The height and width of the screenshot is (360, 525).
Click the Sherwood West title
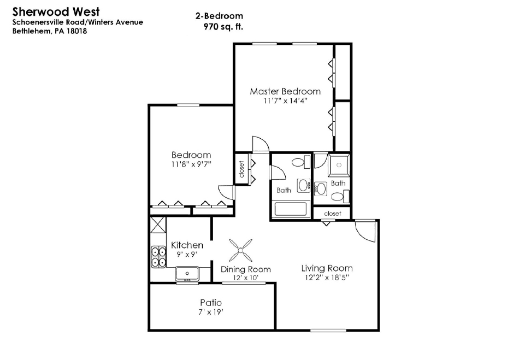pos(56,11)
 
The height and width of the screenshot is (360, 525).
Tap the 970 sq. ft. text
pos(223,27)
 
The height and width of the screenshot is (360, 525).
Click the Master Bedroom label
pos(285,91)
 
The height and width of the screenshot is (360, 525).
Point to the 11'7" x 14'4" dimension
pos(285,101)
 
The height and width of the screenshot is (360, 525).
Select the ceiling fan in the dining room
pos(240,250)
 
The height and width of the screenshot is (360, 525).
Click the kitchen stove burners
pos(158,257)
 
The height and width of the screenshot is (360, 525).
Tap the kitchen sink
pos(187,274)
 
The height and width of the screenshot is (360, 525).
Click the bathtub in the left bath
pos(291,209)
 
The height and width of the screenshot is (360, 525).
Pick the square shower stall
pos(339,165)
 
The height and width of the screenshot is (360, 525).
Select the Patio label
pos(211,303)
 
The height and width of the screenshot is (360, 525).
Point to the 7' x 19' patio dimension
pos(211,312)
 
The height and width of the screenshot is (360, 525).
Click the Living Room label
pos(327,268)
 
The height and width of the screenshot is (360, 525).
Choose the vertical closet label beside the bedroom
pos(242,169)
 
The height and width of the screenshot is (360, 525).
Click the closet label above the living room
pos(333,213)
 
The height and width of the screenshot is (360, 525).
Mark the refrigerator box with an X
pos(158,225)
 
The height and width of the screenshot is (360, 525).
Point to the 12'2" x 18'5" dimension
pos(327,278)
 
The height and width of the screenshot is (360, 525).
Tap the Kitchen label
pos(187,245)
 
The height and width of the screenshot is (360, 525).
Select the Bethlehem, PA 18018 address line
pos(50,31)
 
